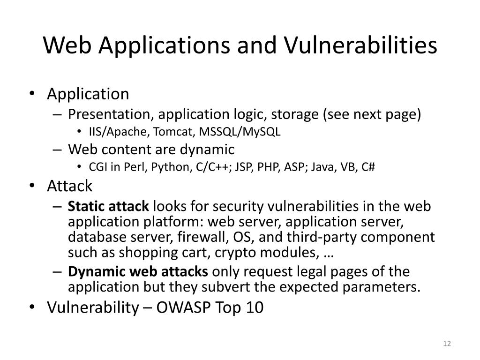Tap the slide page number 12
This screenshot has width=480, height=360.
446,345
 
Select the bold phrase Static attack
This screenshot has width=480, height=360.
109,206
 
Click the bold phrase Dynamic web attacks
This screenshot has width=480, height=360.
138,271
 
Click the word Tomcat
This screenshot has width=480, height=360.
174,132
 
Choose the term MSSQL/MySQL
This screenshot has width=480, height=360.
240,132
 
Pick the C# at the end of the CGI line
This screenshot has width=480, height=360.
369,168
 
